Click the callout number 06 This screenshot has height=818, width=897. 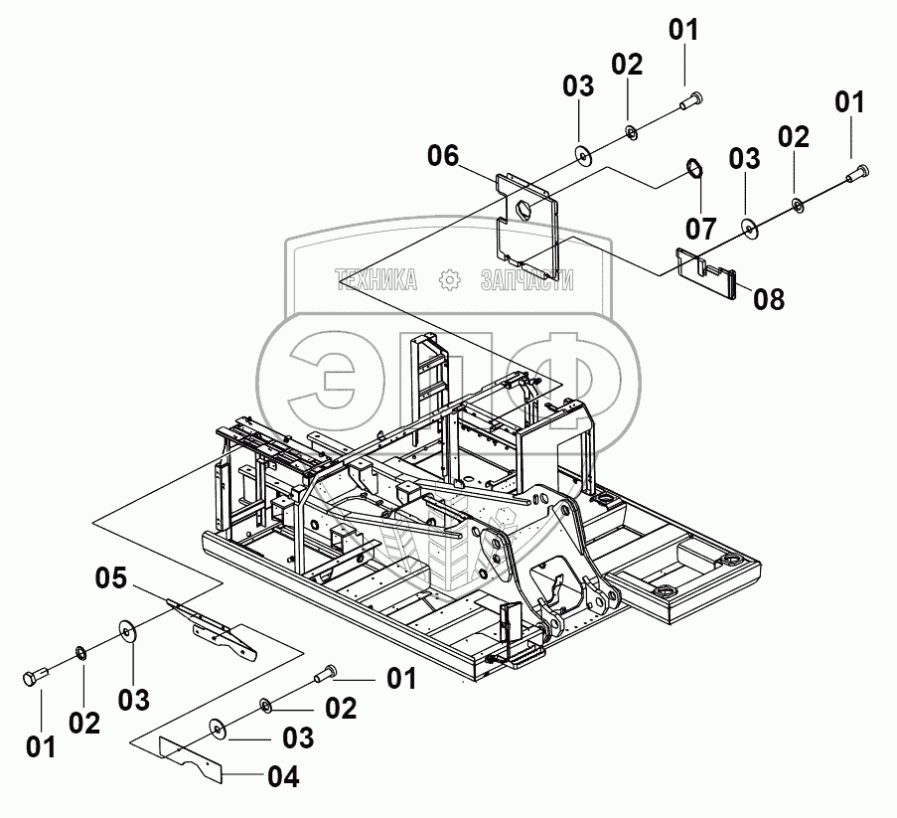click(x=443, y=155)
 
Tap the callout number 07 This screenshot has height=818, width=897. click(x=700, y=229)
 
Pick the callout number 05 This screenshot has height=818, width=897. click(x=112, y=576)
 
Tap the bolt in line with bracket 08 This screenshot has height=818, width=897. click(x=856, y=175)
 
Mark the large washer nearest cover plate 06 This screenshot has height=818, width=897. click(x=580, y=153)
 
